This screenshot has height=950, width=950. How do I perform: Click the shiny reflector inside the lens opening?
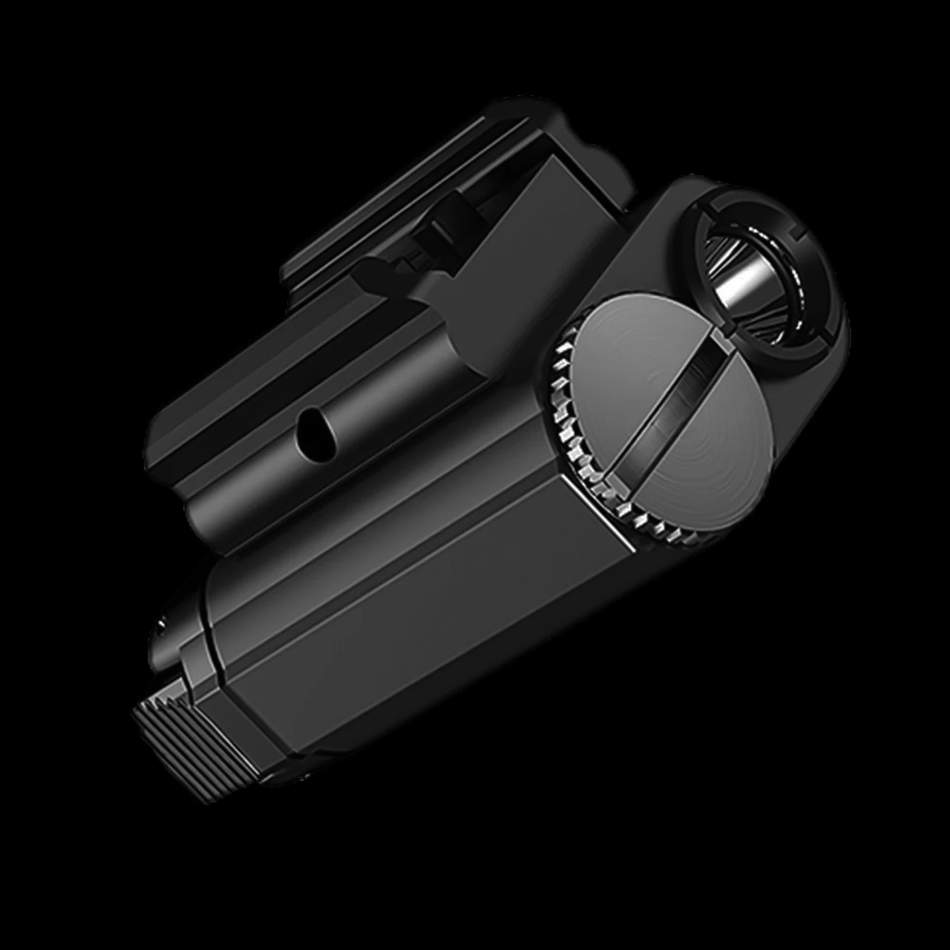pyautogui.click(x=750, y=275)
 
